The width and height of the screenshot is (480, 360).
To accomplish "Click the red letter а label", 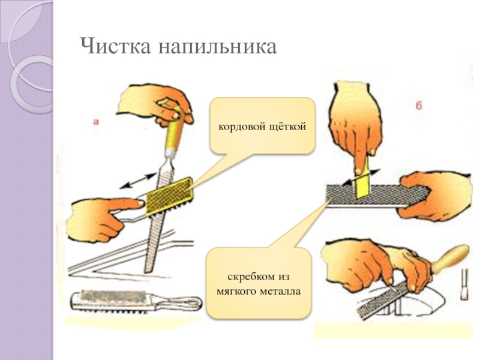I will [x=96, y=121].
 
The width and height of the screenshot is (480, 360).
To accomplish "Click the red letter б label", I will [x=418, y=106].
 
